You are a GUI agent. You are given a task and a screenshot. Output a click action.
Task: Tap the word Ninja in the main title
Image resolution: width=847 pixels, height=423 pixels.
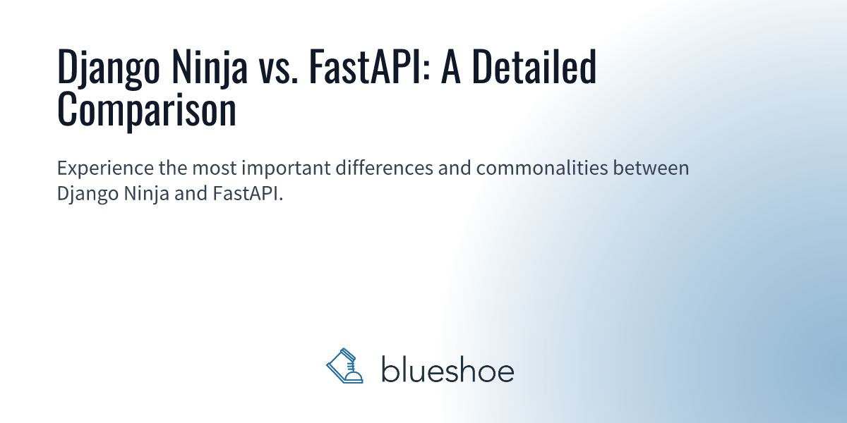point(210,67)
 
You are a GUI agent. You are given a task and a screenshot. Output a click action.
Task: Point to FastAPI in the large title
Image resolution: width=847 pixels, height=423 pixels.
point(369,67)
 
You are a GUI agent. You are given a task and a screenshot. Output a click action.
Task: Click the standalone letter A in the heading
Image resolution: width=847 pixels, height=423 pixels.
point(451,67)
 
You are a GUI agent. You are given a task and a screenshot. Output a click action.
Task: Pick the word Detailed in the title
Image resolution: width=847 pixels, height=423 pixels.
point(534,66)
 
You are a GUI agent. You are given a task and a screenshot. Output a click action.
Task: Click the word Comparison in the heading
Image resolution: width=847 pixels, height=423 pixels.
point(147,110)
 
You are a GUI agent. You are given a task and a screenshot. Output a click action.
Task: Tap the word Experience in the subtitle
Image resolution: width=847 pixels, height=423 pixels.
point(105,168)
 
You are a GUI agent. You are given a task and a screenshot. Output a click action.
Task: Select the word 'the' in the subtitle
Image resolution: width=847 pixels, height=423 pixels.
point(173,168)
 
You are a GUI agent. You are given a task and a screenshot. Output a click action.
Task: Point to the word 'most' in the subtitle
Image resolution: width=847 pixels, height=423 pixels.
point(215,168)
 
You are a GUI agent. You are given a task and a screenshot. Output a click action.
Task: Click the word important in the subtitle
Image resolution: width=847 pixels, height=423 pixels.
point(287,168)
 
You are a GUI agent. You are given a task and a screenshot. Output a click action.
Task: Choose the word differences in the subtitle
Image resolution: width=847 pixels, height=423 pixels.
point(384,168)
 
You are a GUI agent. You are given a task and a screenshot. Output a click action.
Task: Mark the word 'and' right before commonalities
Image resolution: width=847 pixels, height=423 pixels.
point(455,168)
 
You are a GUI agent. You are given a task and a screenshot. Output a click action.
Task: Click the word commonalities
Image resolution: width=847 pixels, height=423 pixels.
point(542,168)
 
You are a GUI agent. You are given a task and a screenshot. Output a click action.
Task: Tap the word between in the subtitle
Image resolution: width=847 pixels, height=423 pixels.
point(651,168)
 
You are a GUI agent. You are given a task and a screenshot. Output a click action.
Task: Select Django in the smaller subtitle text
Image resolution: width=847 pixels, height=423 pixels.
point(88,195)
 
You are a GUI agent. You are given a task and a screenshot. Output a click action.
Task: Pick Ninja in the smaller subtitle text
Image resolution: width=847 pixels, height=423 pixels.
point(146,195)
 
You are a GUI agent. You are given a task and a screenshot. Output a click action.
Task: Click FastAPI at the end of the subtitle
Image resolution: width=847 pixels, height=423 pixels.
point(248,193)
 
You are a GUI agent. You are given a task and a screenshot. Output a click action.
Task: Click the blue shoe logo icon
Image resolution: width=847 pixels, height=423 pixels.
point(344,366)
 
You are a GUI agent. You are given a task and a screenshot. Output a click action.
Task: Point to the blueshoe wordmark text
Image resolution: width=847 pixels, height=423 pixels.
point(447,369)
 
